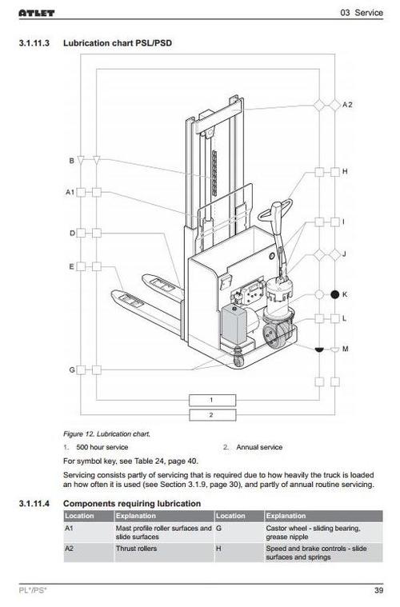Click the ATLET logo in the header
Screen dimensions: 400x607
pos(36,13)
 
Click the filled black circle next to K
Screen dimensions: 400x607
pos(335,294)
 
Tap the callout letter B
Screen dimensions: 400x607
pos(72,160)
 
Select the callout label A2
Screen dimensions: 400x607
pos(347,105)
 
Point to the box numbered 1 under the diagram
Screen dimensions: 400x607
pos(212,400)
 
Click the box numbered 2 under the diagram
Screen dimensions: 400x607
pos(212,415)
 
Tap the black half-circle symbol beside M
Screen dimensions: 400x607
pos(319,349)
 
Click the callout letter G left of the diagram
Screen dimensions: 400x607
pos(72,369)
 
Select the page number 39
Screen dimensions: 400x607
pos(378,590)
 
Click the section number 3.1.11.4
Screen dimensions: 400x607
pos(34,504)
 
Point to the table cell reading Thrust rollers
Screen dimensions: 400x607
pos(136,549)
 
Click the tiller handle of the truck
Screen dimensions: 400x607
pos(276,212)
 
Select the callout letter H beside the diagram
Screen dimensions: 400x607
pos(345,171)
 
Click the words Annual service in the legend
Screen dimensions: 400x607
pos(259,447)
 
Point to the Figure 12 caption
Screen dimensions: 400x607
pos(106,434)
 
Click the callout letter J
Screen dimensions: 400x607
pos(344,254)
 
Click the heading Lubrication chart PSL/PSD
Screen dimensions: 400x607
pos(118,43)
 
